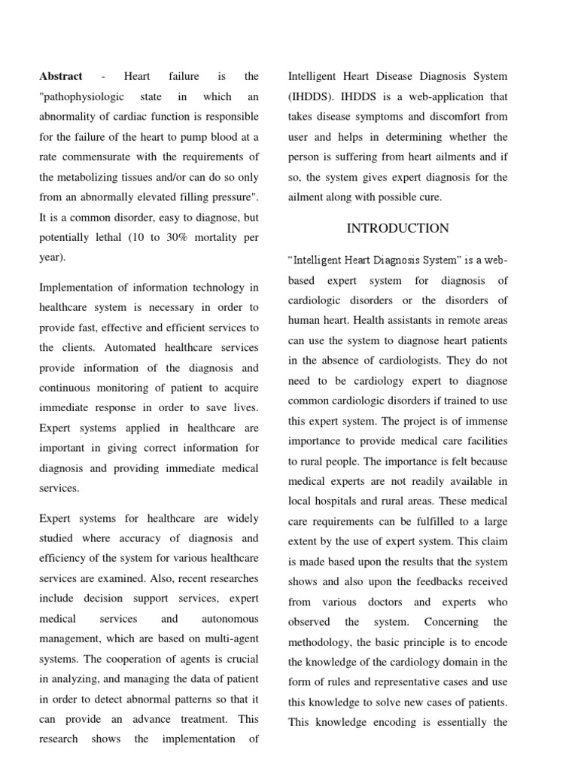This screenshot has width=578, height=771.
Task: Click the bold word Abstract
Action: [61, 77]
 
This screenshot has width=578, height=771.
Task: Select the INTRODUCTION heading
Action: [397, 228]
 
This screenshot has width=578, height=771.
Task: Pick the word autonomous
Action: [230, 619]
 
